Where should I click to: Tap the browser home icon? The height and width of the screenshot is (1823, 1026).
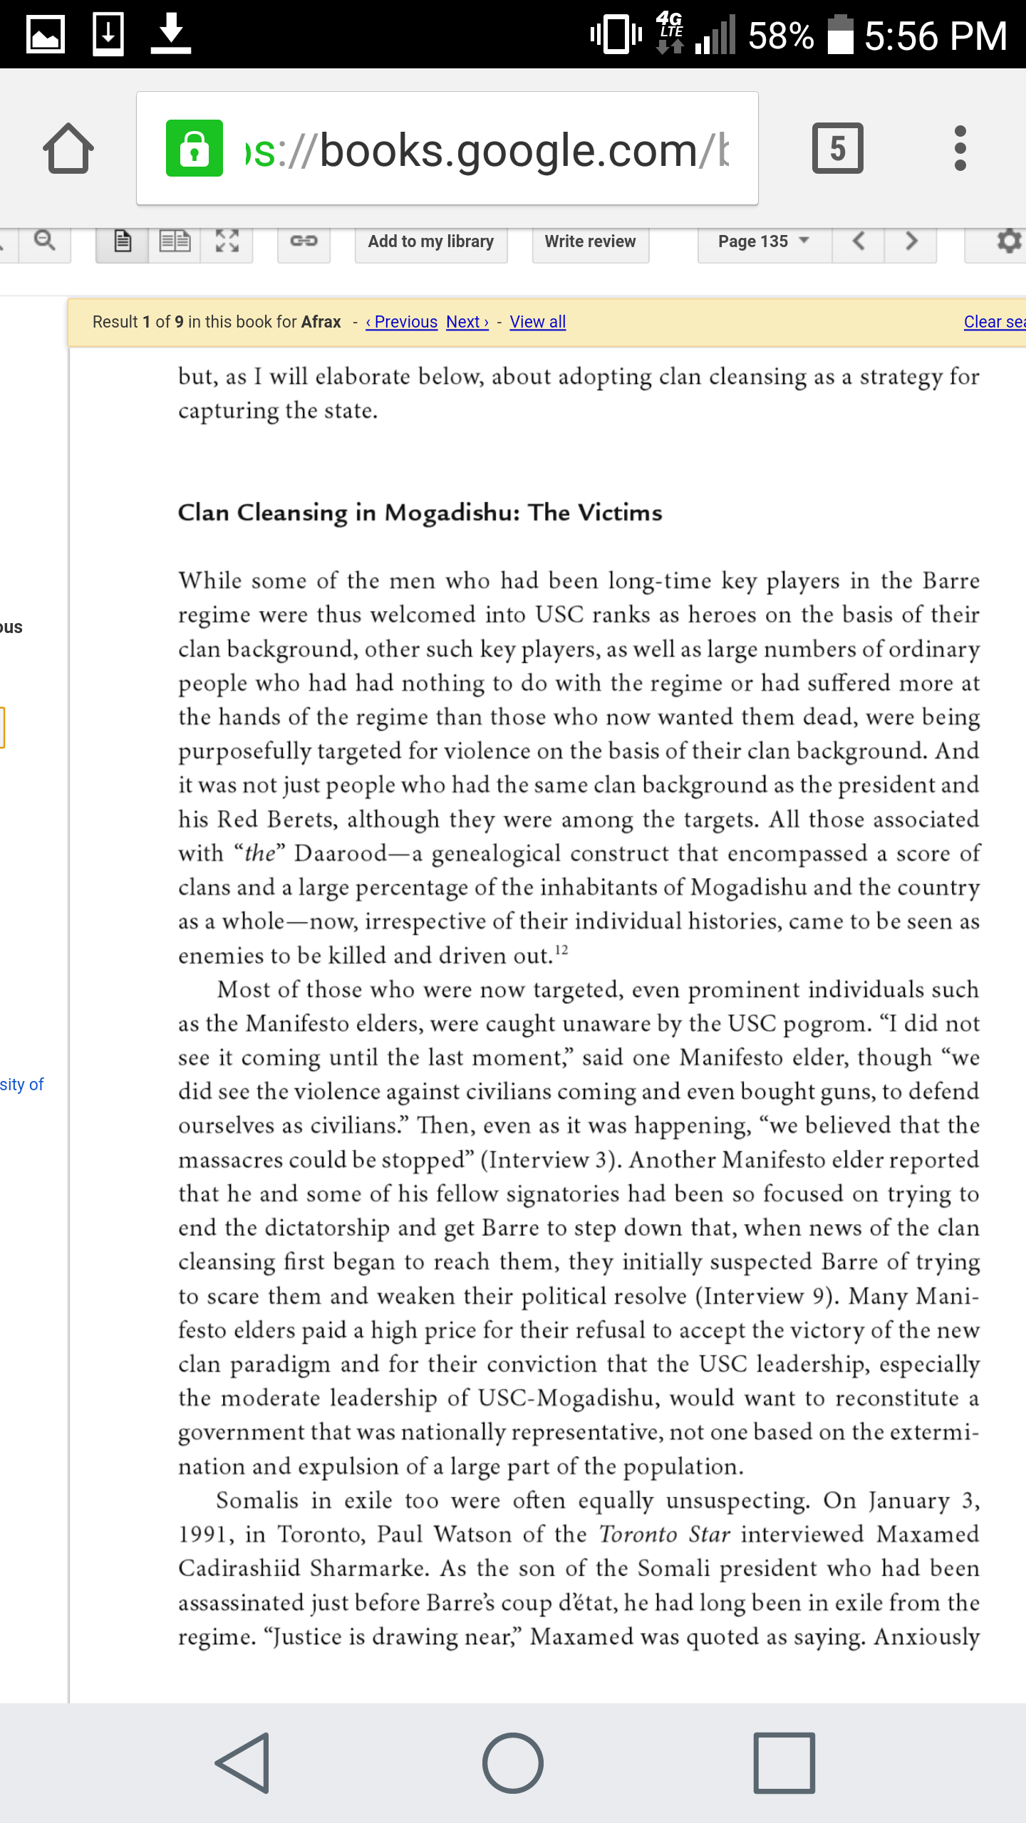click(68, 149)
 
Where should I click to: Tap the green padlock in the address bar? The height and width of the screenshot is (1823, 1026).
click(194, 148)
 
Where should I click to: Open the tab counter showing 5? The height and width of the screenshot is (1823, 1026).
click(837, 148)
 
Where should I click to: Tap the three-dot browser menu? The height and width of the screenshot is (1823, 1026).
click(960, 148)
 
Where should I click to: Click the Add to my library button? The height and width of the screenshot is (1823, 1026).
click(430, 242)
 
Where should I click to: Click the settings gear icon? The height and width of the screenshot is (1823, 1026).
click(1007, 241)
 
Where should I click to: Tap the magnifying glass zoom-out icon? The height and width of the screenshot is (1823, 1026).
click(45, 241)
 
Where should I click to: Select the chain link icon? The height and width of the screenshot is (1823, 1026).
click(304, 241)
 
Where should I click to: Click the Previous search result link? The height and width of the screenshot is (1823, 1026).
click(402, 322)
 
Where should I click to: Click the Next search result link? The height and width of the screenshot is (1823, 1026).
click(467, 322)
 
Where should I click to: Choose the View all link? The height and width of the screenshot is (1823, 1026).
click(538, 322)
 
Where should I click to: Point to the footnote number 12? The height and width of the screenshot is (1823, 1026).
click(561, 950)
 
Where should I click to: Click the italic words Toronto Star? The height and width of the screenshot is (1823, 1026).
click(664, 1534)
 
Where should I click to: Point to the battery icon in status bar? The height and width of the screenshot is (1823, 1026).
click(840, 35)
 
